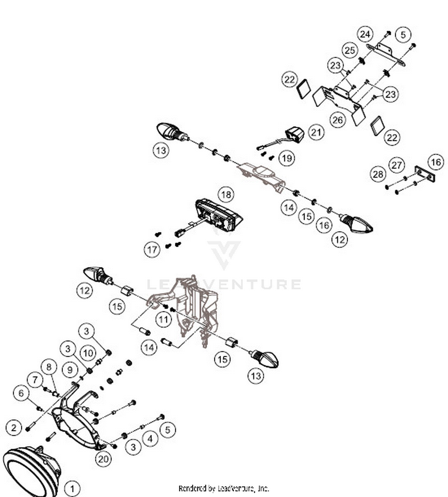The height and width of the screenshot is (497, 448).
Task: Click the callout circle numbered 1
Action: point(72,489)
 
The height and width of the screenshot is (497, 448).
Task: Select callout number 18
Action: point(226,194)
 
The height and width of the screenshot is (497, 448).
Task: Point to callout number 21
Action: point(316,132)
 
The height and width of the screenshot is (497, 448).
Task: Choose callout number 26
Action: point(337,120)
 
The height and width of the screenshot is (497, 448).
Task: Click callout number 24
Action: point(365,34)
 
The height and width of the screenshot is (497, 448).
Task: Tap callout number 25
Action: point(350,50)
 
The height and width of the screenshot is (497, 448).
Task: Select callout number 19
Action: point(287,158)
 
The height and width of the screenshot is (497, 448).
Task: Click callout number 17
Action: point(152,249)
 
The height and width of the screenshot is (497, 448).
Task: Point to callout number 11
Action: point(163,320)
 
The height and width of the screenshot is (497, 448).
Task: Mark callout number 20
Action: point(103,458)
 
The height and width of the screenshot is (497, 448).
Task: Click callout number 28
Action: point(378,174)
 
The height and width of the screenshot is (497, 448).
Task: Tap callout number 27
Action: point(397,165)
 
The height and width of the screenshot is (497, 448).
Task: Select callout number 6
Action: point(21,393)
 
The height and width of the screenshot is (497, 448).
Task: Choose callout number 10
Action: point(88,353)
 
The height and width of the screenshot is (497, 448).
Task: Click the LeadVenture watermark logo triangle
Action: point(224,251)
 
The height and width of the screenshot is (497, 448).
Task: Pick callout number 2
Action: point(14,428)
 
